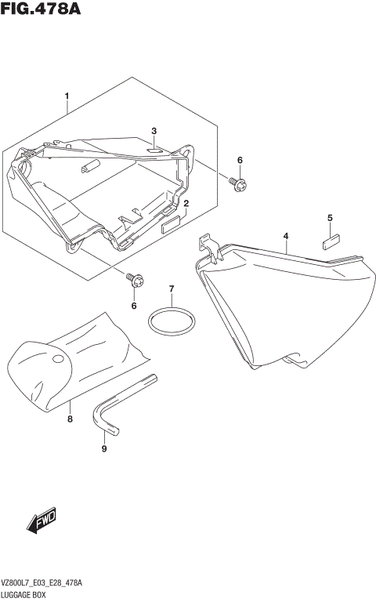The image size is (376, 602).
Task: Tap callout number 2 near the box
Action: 186,204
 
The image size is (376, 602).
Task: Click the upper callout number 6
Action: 240,161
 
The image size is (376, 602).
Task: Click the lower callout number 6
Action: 134,305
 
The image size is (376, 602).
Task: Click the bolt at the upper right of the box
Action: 239,183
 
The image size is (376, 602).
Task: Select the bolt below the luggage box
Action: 134,280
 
